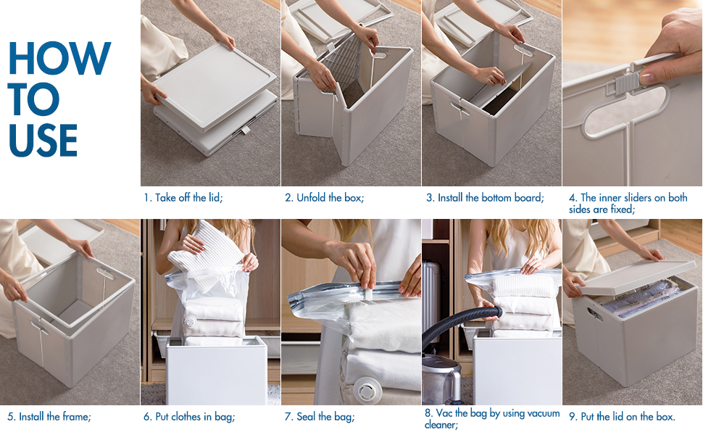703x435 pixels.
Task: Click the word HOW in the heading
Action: [59, 58]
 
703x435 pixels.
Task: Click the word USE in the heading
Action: [43, 140]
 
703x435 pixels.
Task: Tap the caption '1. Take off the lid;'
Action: [183, 198]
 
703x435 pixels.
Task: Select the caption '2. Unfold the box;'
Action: [324, 198]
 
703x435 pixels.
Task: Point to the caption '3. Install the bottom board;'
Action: [485, 198]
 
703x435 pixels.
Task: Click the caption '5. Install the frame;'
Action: [49, 417]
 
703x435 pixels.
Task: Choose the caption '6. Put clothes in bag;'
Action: [189, 417]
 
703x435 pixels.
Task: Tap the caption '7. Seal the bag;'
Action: [319, 417]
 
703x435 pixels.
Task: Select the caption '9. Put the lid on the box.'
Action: [622, 417]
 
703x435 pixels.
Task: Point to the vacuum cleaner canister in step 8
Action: [441, 379]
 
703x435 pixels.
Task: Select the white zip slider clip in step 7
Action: [368, 293]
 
